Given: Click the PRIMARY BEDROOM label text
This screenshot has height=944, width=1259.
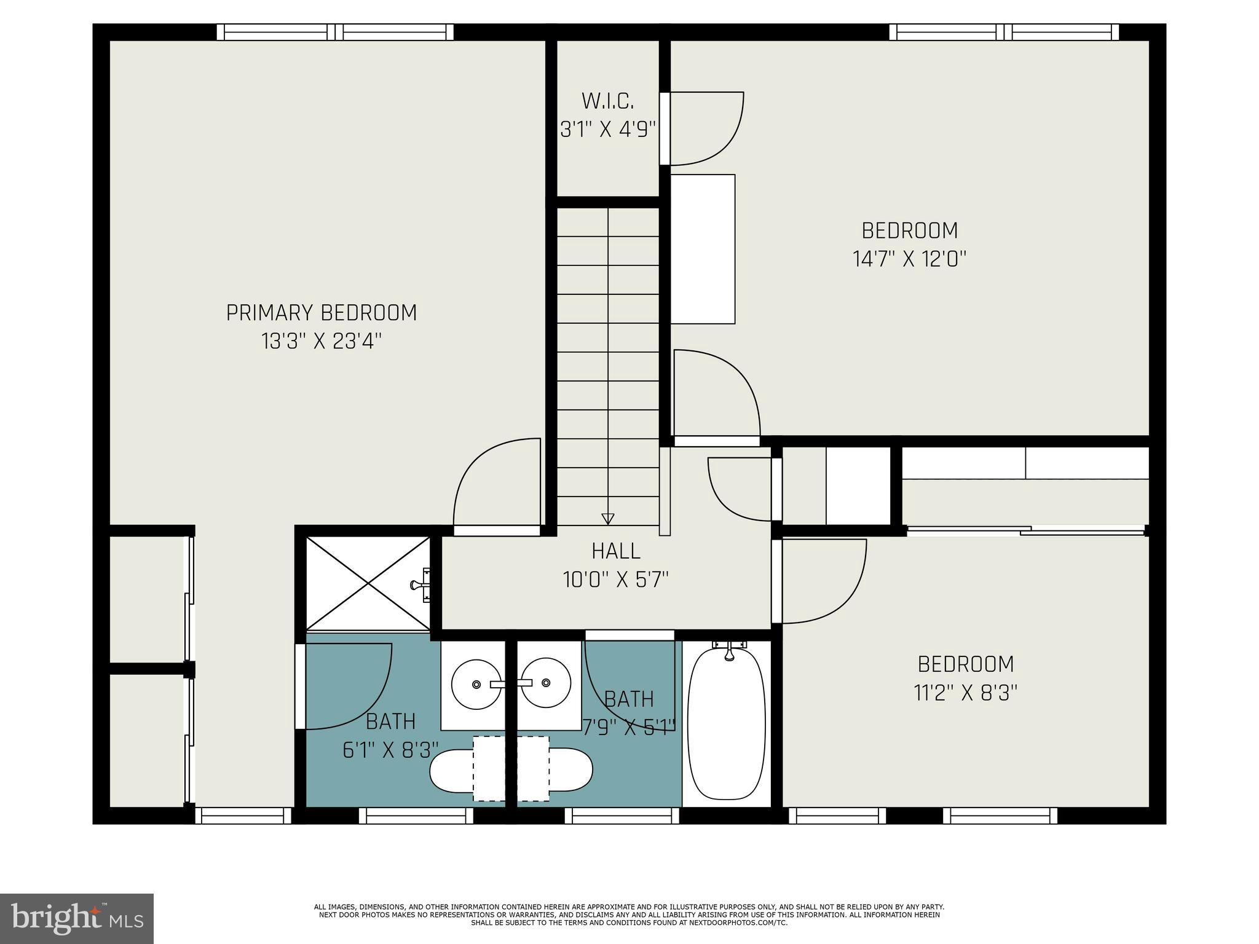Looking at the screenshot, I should click(x=322, y=313).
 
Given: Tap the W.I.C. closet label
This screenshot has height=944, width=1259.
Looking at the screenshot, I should click(x=607, y=101).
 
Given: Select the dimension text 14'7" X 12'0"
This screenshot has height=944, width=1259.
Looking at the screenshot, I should click(x=909, y=259).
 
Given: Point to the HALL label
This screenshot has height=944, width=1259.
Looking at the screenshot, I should click(x=616, y=551).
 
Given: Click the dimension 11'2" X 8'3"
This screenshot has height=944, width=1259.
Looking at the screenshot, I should click(x=965, y=693).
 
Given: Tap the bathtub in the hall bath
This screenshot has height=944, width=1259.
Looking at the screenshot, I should click(x=726, y=725).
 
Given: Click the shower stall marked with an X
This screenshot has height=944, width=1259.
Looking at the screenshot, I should click(x=368, y=583).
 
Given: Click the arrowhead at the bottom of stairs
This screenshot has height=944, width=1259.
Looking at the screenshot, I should click(x=607, y=518).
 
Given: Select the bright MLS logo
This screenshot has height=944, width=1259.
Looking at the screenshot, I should click(x=76, y=918).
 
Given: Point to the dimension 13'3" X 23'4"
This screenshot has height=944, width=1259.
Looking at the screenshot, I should click(x=322, y=341).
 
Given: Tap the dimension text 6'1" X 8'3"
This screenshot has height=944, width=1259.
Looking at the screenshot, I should click(x=390, y=750).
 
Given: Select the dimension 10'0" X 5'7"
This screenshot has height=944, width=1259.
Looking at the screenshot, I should click(x=616, y=580).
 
